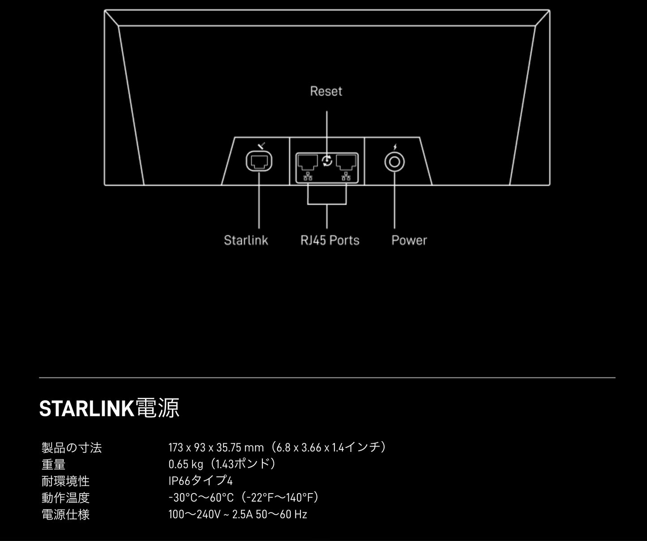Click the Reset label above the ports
pyautogui.click(x=326, y=91)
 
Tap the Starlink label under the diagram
pyautogui.click(x=246, y=240)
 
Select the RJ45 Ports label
pyautogui.click(x=330, y=240)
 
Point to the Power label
pyautogui.click(x=409, y=240)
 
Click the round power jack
pyautogui.click(x=394, y=162)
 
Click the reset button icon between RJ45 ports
pyautogui.click(x=327, y=160)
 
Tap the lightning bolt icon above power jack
pyautogui.click(x=394, y=147)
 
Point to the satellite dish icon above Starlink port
pyautogui.click(x=262, y=145)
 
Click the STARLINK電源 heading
pyautogui.click(x=109, y=408)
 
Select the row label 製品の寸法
pyautogui.click(x=72, y=447)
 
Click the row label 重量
pyautogui.click(x=53, y=464)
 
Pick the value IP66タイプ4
pyautogui.click(x=201, y=481)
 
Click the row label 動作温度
pyautogui.click(x=65, y=498)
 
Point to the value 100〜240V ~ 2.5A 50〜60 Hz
pyautogui.click(x=238, y=514)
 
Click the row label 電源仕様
pyautogui.click(x=65, y=514)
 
